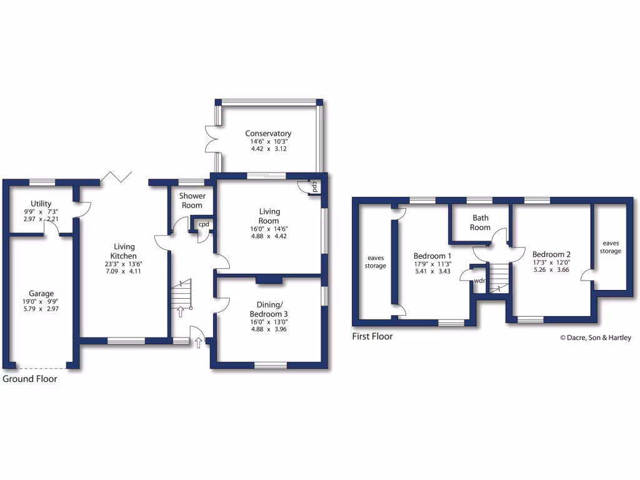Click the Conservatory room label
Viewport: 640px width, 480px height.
click(268, 133)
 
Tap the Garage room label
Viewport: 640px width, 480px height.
click(41, 294)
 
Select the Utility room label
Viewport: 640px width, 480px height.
click(41, 204)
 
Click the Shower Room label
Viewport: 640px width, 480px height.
click(192, 201)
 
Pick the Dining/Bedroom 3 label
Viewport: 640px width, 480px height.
click(269, 309)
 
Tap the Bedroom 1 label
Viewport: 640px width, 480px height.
click(432, 256)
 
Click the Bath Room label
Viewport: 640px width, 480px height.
click(480, 222)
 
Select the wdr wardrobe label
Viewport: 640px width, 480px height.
click(479, 281)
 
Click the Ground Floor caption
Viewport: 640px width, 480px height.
click(30, 379)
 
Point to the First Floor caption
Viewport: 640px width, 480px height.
click(372, 336)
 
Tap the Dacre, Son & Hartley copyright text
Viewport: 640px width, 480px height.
click(595, 338)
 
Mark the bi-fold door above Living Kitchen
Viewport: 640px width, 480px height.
click(114, 177)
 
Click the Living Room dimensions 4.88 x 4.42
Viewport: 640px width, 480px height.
click(269, 237)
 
